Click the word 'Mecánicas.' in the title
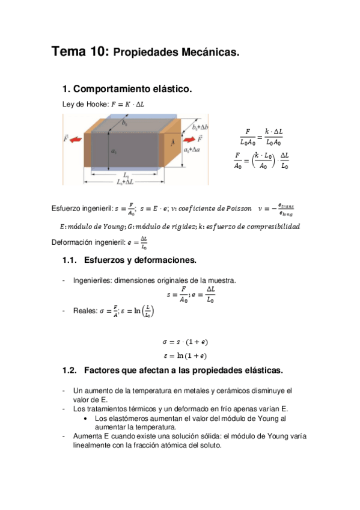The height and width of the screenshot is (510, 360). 212,53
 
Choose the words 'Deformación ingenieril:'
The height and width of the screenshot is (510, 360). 88,243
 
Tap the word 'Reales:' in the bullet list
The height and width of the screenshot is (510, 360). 85,310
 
